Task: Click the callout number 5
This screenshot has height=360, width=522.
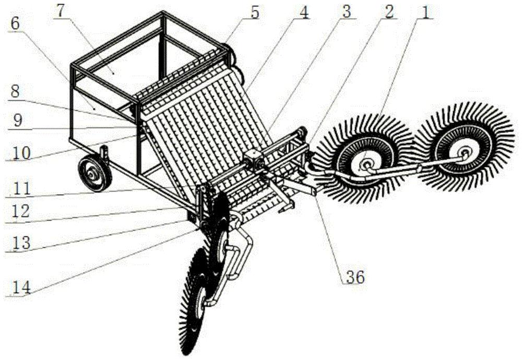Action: coord(254,12)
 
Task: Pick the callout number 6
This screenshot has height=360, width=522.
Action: coord(15,23)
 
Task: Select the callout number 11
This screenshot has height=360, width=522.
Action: coord(21,189)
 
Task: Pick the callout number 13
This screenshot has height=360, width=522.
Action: coord(21,243)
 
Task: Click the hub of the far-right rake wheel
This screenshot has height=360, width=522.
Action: coord(463,152)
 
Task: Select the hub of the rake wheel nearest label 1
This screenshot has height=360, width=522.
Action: coord(366,164)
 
